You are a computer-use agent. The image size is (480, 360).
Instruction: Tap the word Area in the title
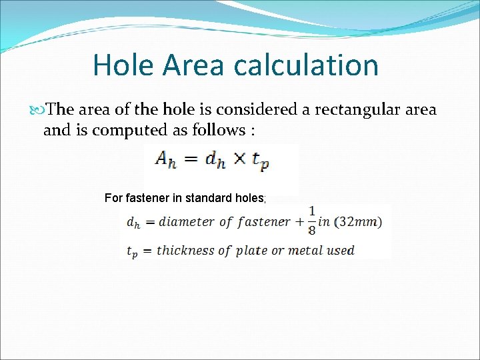click(193, 65)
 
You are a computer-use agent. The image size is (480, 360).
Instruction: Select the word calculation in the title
click(306, 65)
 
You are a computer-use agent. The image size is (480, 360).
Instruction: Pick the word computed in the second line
click(122, 130)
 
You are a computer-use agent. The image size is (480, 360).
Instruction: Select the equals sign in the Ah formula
click(191, 159)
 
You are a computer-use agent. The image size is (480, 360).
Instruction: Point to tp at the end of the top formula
click(261, 161)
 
